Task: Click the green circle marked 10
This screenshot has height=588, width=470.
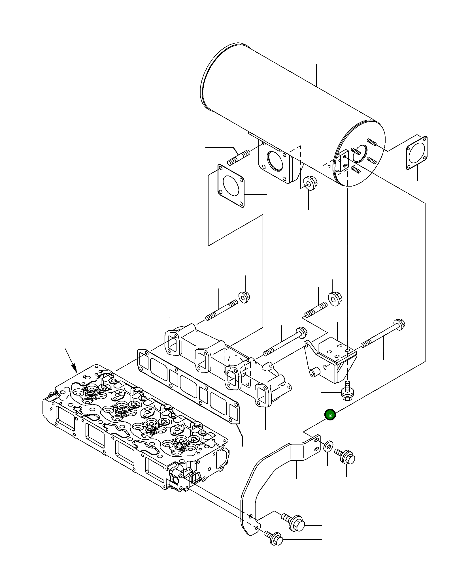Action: (x=330, y=415)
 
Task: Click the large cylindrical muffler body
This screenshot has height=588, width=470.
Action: (x=283, y=108)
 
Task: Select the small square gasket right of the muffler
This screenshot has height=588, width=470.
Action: (x=416, y=153)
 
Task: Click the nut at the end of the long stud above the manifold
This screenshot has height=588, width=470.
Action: (x=244, y=297)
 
